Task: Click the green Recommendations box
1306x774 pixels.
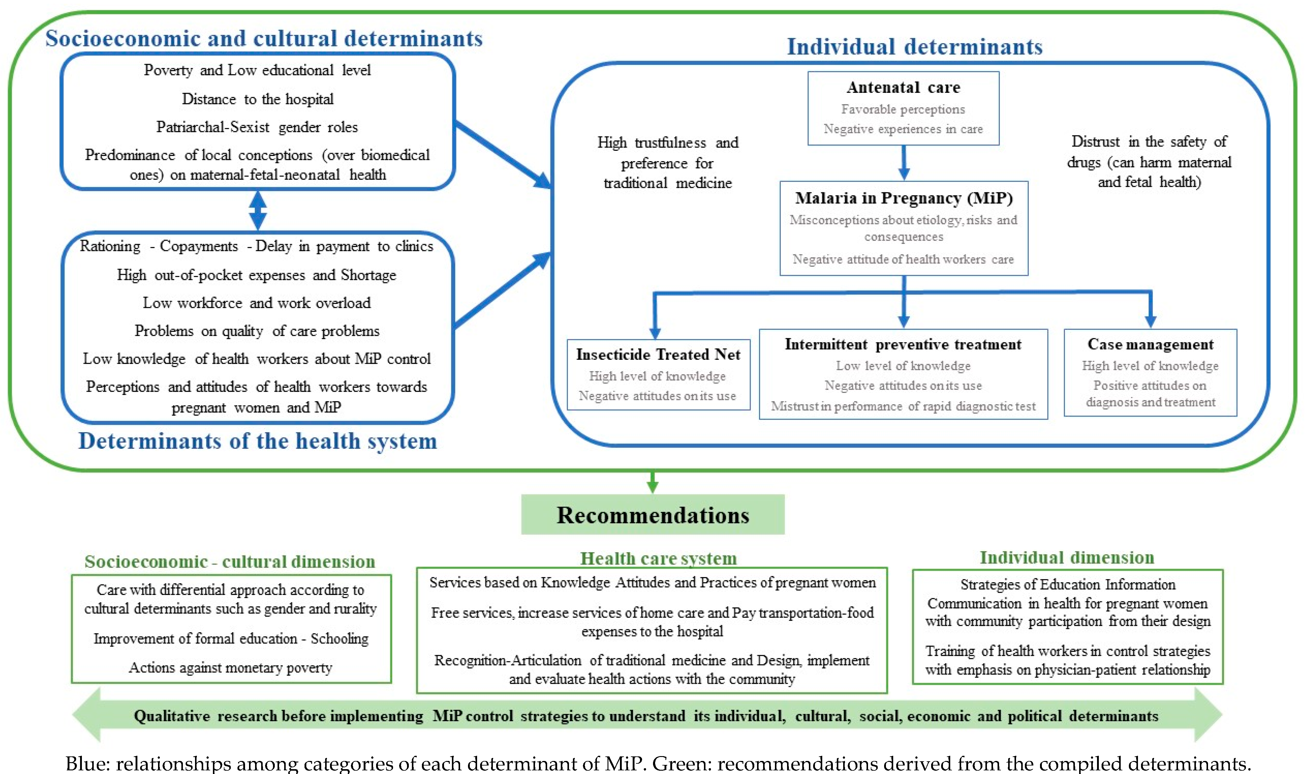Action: coord(653,515)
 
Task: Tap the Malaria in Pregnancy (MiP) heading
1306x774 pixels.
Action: coord(904,198)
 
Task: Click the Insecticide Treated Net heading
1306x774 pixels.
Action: coord(658,355)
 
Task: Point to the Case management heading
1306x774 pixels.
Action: coord(1150,344)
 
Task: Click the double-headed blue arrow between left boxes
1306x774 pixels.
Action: coord(257,211)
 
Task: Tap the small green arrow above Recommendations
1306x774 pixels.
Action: coord(652,482)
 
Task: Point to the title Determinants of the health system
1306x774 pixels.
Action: coord(257,441)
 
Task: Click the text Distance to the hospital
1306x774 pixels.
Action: coord(257,99)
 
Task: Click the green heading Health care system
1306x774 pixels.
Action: coord(658,559)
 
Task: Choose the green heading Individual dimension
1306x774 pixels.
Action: coord(1067,558)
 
